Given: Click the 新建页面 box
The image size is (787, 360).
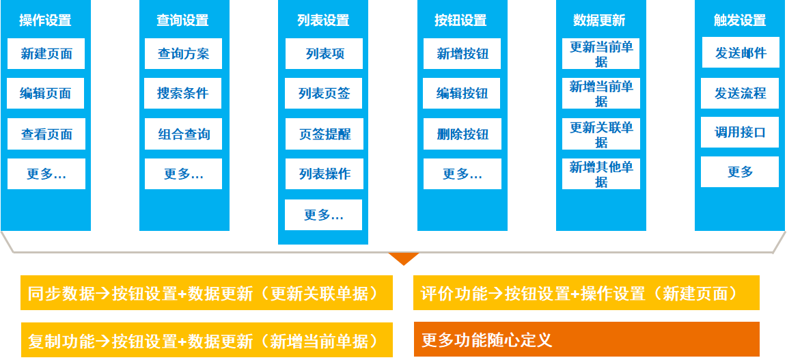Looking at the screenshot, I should point(46,54).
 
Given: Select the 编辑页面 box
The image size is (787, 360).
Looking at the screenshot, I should point(46,94).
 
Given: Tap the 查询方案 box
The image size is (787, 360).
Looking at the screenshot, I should point(183,54).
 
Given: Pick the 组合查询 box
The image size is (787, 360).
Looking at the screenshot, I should point(183,134).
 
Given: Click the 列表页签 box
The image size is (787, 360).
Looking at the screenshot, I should point(324,94).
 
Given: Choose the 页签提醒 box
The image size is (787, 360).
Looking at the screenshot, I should point(324,134).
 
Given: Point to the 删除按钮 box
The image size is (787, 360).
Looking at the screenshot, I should point(462,134).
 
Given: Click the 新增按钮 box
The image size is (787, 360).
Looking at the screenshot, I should point(462,54).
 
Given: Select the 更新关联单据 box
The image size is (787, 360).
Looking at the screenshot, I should point(601,134).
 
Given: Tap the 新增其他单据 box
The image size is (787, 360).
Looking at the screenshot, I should point(601,174).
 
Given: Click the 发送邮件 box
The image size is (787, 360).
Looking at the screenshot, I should point(741,53).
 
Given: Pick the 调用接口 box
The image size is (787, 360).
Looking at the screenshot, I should point(740,133).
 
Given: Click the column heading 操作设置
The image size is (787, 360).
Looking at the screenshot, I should point(45,20).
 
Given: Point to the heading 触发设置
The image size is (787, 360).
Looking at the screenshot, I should point(740,20).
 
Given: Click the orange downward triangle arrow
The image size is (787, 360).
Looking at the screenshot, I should point(403,258).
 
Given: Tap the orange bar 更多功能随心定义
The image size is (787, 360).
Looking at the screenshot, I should point(586,339).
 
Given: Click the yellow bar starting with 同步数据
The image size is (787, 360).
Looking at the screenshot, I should point(207,293).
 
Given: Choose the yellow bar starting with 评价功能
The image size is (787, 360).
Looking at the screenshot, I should point(586,293).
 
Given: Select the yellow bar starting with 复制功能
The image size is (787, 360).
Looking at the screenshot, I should point(207,340).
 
